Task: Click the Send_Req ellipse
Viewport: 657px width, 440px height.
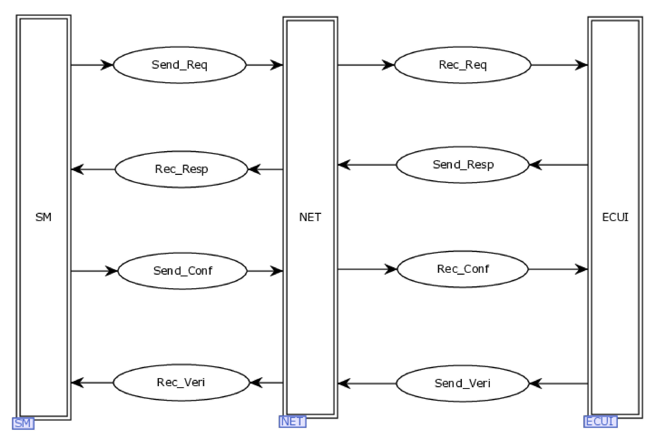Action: pyautogui.click(x=179, y=65)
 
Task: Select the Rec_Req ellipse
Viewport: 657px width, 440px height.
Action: pyautogui.click(x=463, y=65)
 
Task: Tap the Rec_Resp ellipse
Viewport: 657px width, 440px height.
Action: pyautogui.click(x=181, y=169)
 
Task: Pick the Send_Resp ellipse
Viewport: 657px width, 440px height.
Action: pyautogui.click(x=463, y=165)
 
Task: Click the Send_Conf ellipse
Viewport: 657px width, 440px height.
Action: pyautogui.click(x=182, y=271)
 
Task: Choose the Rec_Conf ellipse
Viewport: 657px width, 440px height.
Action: pyautogui.click(x=463, y=269)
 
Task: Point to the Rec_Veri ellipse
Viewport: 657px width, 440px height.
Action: pyautogui.click(x=181, y=383)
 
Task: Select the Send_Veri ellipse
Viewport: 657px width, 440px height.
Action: pyautogui.click(x=462, y=383)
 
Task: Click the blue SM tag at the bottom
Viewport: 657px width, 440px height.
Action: pyautogui.click(x=23, y=423)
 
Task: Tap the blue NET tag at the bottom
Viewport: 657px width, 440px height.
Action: pyautogui.click(x=292, y=422)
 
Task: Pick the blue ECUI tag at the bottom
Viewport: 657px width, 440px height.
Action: pyautogui.click(x=600, y=422)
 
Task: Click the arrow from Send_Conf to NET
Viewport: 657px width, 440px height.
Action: pyautogui.click(x=265, y=271)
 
